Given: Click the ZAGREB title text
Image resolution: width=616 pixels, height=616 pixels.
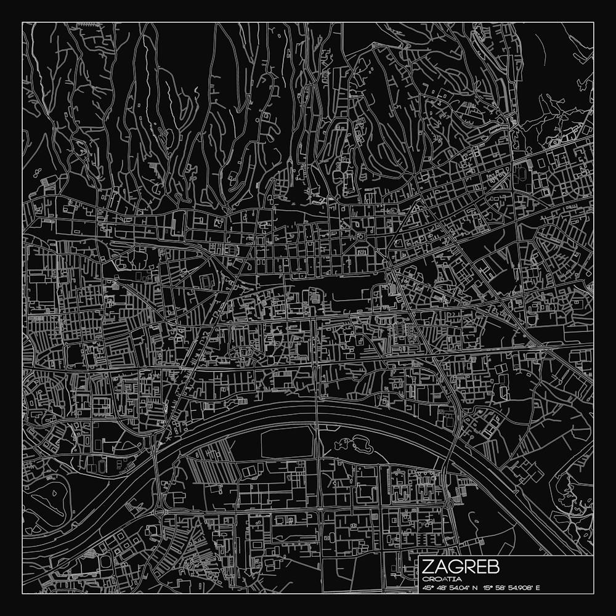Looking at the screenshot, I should click(461, 567).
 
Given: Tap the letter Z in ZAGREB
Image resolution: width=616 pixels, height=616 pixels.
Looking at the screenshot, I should click(428, 567).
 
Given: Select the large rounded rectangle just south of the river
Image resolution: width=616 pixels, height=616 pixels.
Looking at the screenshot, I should click(287, 443).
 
